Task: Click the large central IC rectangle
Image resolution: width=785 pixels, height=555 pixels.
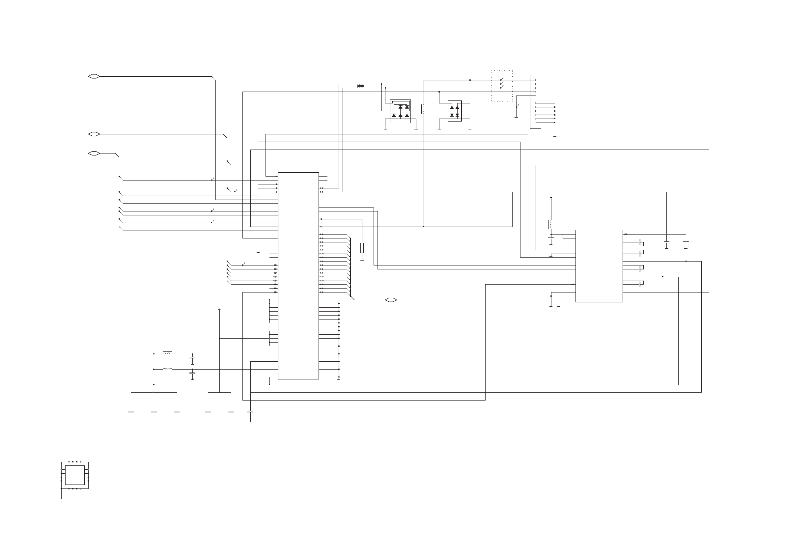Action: (x=298, y=276)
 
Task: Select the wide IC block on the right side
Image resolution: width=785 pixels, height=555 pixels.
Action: (x=599, y=266)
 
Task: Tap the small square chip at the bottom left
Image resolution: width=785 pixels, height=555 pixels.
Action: (x=74, y=475)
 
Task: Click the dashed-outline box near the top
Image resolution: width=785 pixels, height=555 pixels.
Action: (x=502, y=86)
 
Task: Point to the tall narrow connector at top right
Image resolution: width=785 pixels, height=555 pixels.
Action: (x=535, y=101)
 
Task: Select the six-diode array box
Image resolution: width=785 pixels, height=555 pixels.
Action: (x=400, y=111)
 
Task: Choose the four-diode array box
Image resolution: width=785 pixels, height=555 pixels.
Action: (x=454, y=111)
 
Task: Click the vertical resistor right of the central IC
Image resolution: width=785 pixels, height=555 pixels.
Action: (x=362, y=248)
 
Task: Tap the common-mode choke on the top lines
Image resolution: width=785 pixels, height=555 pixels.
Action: (x=361, y=86)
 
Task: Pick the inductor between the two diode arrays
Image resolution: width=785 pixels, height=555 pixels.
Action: (x=423, y=109)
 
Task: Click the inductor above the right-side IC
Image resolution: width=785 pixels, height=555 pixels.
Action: (x=550, y=225)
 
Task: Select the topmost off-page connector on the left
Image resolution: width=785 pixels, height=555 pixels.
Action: (x=94, y=76)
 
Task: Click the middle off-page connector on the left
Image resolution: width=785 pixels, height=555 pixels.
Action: (x=94, y=134)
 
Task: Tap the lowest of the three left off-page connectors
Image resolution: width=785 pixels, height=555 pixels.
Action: (x=94, y=153)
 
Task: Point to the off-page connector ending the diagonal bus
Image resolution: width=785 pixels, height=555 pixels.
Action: (x=391, y=300)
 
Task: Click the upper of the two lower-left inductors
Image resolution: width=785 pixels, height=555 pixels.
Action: (x=167, y=352)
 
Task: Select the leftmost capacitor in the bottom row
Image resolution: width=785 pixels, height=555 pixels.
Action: (x=130, y=412)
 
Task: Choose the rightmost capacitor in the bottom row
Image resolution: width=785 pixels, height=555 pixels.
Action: (x=250, y=412)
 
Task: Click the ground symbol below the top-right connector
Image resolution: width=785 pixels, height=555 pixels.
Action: (x=554, y=136)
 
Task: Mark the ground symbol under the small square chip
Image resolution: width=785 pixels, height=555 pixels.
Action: (x=61, y=499)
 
